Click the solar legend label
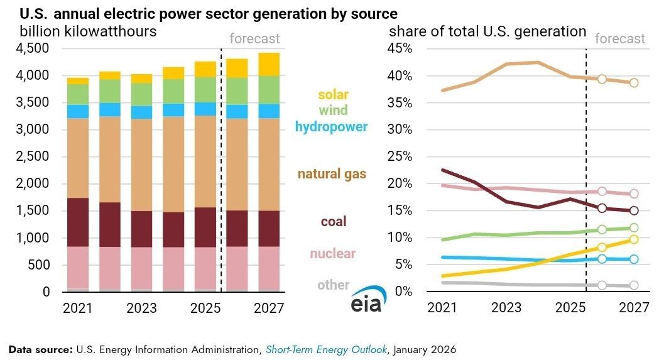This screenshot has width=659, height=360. coord(333,95)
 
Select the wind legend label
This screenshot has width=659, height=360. coord(334,111)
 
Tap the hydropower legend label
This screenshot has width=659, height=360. coord(331,127)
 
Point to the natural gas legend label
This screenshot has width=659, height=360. coord(332,174)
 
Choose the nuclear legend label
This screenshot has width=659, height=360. coord(332,254)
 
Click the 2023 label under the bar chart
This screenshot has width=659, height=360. coord(142,308)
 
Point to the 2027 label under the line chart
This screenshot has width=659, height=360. coord(633,308)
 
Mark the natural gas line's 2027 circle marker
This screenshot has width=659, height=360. coord(634,82)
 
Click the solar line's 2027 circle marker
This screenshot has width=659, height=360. coord(634,239)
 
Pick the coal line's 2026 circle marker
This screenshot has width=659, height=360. coord(602,208)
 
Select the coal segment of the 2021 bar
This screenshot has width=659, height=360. coord(78,222)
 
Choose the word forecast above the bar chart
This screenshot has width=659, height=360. coord(254,39)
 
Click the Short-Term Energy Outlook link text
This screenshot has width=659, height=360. coord(326,349)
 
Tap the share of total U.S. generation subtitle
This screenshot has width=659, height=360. coord(488,31)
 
